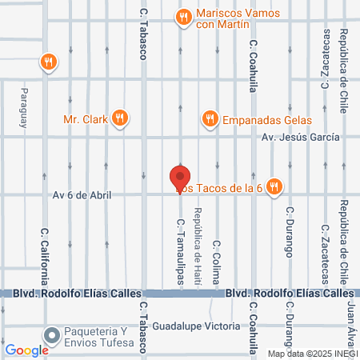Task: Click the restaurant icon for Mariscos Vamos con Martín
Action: coord(183,17)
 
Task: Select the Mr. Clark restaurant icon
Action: coord(121,119)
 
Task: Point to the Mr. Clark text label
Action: coord(86,120)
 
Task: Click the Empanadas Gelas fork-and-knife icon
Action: coord(210,119)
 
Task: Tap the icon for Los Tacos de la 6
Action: coord(274,186)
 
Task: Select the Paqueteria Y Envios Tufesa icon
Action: coord(53,335)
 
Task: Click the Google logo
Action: coord(26,350)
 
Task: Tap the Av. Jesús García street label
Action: coord(301,137)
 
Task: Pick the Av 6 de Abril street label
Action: coord(82,194)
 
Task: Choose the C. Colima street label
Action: coord(216,262)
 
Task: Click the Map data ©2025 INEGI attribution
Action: coord(313,354)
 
